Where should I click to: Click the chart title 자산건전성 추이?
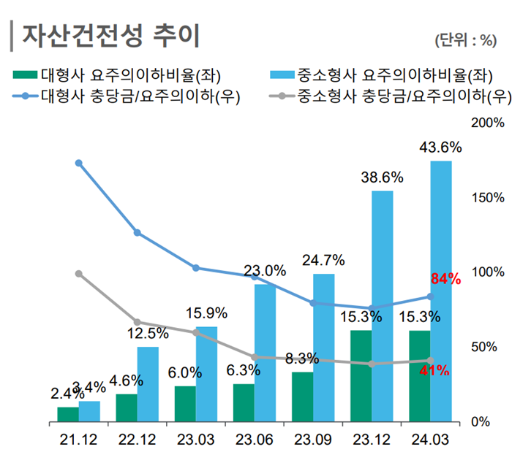[x=110, y=34]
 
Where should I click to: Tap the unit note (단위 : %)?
[x=464, y=40]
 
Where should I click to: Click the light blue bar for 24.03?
[x=440, y=291]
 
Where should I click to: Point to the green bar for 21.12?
[x=68, y=414]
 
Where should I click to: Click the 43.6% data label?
[x=440, y=148]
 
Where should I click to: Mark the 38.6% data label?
[x=382, y=177]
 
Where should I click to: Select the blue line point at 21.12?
[x=79, y=163]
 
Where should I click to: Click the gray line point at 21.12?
[x=79, y=274]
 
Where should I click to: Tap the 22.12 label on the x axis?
[x=137, y=440]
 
